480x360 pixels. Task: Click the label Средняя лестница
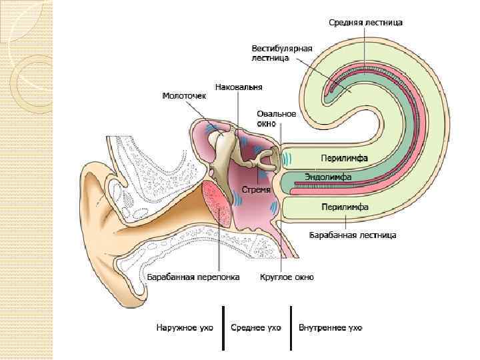[365, 22]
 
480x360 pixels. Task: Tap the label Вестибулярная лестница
[277, 53]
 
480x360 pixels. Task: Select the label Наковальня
[239, 87]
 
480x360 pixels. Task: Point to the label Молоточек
[185, 96]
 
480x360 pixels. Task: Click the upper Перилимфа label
[345, 158]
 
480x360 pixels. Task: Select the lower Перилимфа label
[345, 207]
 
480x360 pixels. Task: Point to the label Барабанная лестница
[353, 235]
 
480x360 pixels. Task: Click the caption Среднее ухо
[255, 328]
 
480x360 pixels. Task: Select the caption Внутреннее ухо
[331, 328]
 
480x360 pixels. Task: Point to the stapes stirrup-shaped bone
[268, 158]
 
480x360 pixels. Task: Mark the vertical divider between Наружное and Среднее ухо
[222, 327]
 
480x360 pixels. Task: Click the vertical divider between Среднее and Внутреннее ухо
[291, 327]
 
